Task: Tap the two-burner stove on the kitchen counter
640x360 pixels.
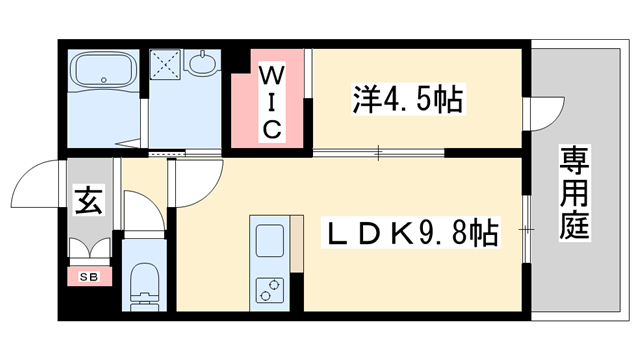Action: pyautogui.click(x=269, y=289)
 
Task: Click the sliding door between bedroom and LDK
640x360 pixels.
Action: pyautogui.click(x=378, y=153)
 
